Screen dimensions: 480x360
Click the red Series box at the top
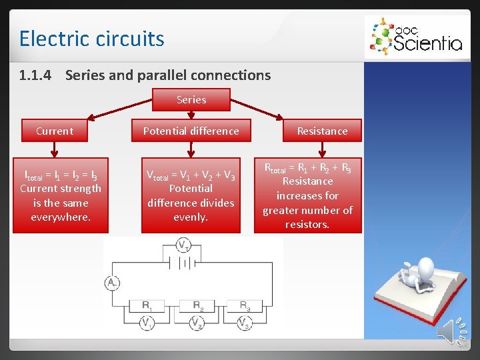[x=191, y=99]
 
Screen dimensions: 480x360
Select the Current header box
[x=55, y=131]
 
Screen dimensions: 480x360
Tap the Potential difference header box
[x=191, y=131]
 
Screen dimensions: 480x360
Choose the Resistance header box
[x=322, y=131]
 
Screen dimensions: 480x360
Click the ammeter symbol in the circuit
[x=111, y=284]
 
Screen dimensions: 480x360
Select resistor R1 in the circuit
[x=147, y=306]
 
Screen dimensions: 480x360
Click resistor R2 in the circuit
[x=197, y=306]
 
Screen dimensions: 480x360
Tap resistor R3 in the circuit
[x=245, y=306]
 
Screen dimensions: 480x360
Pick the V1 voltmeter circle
[x=147, y=323]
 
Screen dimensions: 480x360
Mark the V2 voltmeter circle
[x=196, y=323]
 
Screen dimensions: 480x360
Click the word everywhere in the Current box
[x=61, y=217]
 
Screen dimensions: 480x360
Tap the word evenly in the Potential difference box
[x=191, y=217]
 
